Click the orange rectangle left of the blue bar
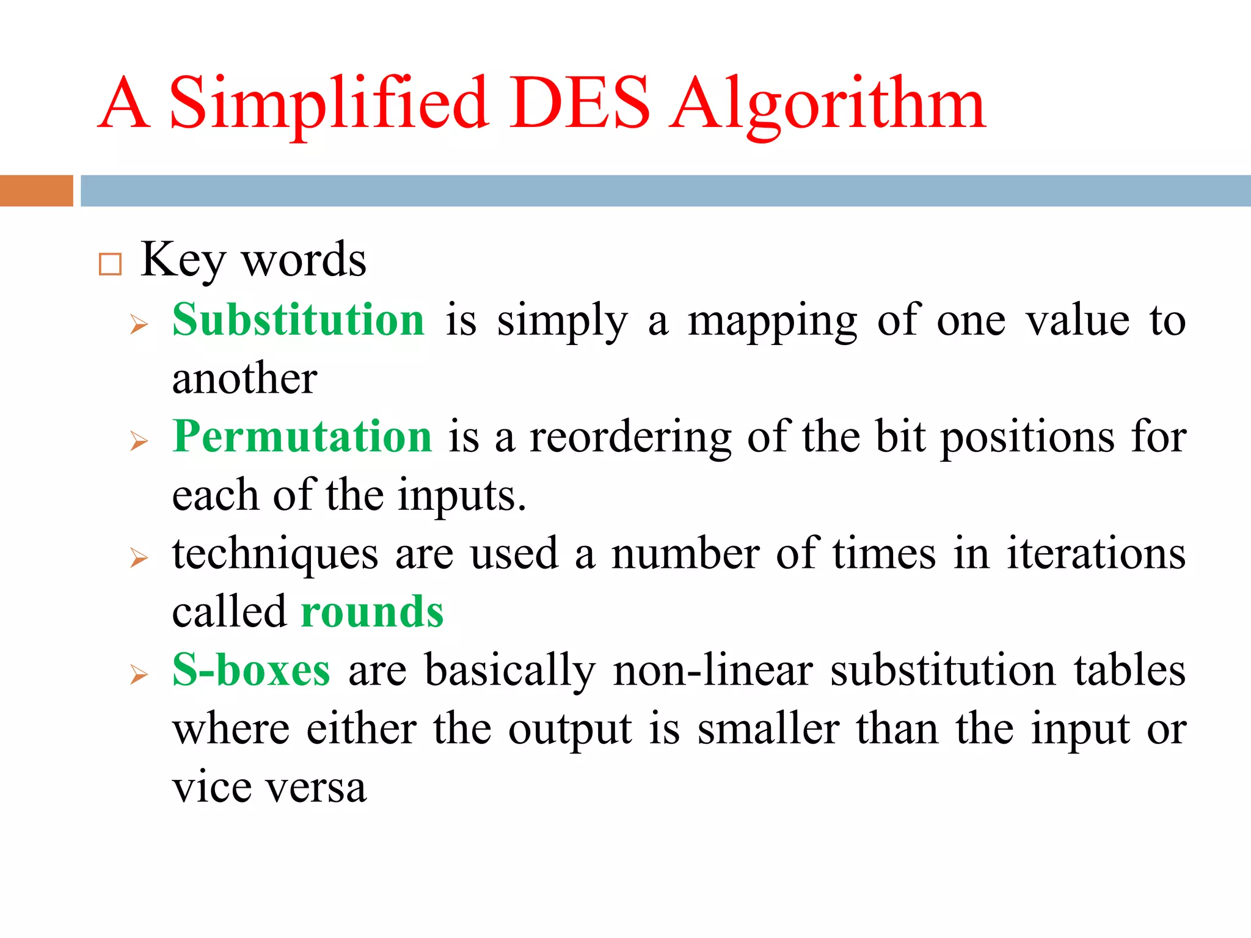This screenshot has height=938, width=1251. click(x=36, y=191)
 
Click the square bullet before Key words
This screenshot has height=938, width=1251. click(x=110, y=264)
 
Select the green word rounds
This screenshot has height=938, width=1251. click(x=372, y=612)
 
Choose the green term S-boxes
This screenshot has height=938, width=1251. click(x=251, y=670)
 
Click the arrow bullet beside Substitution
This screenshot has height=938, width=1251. click(x=139, y=324)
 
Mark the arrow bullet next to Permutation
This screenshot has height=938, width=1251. click(x=139, y=441)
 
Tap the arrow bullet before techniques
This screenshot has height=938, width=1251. click(x=139, y=558)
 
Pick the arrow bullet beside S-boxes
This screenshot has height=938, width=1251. click(x=139, y=675)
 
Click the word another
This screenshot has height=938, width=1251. click(x=244, y=378)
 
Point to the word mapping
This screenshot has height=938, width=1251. click(x=772, y=321)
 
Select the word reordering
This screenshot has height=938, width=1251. click(x=630, y=437)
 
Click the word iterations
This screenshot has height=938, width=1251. click(x=1096, y=553)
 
